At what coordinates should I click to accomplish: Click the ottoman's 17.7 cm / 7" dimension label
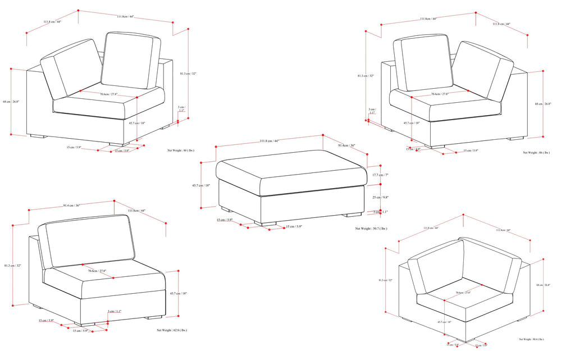click(380, 175)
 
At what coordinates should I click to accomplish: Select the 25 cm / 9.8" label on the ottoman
click(380, 198)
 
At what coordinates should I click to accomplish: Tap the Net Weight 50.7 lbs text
click(371, 229)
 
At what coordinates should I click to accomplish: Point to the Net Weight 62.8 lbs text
click(172, 330)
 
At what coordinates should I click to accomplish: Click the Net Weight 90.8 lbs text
click(531, 339)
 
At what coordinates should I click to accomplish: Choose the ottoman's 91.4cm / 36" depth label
click(346, 145)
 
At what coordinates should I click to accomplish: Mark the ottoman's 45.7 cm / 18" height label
click(200, 186)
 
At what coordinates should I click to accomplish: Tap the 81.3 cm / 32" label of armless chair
click(13, 266)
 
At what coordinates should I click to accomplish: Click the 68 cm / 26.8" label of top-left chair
click(11, 102)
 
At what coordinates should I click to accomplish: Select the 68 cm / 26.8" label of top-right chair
click(543, 104)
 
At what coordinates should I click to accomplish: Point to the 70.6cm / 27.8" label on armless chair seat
click(97, 271)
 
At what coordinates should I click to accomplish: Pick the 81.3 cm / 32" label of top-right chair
click(366, 75)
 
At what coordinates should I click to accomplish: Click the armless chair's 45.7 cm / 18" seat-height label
click(178, 293)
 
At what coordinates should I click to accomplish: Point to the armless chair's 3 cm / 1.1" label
click(115, 311)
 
